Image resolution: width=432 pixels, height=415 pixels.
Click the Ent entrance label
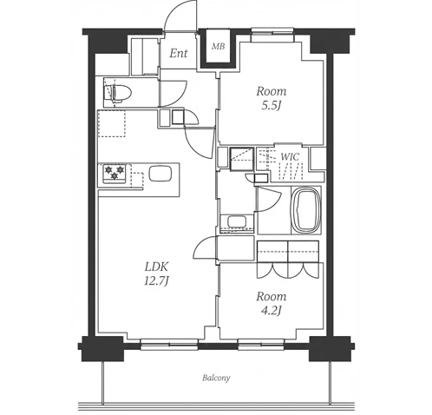coord(179,53)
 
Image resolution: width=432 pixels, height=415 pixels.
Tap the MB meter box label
coord(218,46)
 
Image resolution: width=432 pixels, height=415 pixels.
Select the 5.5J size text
coord(272,106)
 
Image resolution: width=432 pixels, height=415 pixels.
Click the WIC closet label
coord(290,157)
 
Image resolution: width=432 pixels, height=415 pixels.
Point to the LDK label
coord(156,267)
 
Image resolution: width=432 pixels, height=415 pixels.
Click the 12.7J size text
coord(156,281)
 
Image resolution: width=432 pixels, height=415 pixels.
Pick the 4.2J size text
coord(272,311)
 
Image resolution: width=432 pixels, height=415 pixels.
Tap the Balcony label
coord(216,378)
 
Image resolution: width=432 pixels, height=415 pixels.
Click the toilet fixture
coord(118,93)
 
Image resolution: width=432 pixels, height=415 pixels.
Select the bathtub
coord(306,210)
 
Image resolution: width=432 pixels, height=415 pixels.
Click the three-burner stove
coord(115,173)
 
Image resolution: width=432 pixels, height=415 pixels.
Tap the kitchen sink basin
coord(160,173)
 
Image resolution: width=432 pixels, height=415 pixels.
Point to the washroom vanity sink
coord(237,222)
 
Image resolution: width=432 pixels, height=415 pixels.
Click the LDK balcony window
coord(169,345)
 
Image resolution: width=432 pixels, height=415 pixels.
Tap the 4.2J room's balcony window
coord(261,345)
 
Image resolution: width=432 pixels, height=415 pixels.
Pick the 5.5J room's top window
coord(273,31)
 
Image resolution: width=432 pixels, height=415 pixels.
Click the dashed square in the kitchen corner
coord(112,123)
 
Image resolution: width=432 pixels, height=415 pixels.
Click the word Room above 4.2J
coord(272,297)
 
